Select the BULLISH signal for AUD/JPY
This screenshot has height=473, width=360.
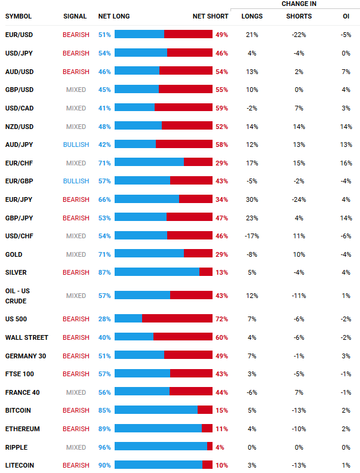coord(76,145)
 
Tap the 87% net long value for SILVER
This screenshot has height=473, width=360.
coord(104,272)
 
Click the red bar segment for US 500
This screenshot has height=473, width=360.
coord(177,319)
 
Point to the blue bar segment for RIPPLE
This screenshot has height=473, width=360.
coord(161,447)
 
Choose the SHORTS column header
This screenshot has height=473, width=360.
coord(299,16)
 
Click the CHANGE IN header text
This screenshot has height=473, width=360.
coord(299,4)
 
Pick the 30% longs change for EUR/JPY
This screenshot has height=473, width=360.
coord(251,199)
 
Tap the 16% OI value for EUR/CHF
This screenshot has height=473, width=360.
coord(344,163)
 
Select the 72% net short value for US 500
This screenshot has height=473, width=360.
coord(221,319)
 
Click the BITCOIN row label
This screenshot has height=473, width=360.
coord(18,411)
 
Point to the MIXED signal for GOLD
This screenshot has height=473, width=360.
coord(76,254)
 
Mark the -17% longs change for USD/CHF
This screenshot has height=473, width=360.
coord(251,236)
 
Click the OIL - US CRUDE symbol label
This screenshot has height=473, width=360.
coord(18,295)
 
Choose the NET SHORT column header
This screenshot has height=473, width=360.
coord(210,16)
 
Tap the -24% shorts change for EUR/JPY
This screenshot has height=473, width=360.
coord(299,199)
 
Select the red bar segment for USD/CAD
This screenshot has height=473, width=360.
coord(183,108)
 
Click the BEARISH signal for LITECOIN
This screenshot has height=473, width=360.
coord(76,465)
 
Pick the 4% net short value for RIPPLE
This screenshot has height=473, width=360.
coord(220,447)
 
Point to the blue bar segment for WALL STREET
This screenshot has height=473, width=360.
coord(134,337)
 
